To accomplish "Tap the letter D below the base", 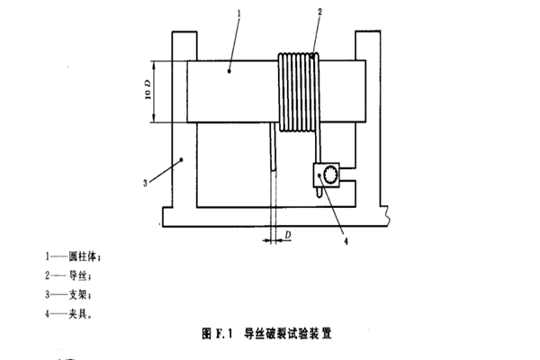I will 288,235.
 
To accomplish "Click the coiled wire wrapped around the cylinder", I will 297,91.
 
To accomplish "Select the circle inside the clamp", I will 330,174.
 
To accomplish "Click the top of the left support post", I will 183,33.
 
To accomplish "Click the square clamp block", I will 327,175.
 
